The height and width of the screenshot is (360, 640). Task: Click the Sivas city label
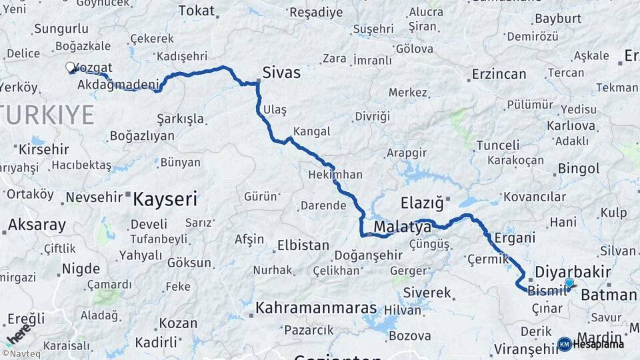click(281, 72)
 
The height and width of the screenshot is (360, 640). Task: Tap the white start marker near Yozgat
click(70, 67)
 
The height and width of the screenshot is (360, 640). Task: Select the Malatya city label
click(402, 227)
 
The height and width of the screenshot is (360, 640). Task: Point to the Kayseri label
click(165, 198)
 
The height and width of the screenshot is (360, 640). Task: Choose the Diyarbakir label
click(564, 272)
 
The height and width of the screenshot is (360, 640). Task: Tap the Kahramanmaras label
click(317, 309)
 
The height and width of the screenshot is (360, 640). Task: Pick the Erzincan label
click(499, 74)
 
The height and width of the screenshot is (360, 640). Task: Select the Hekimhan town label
click(335, 175)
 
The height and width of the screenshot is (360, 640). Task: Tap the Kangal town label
click(311, 131)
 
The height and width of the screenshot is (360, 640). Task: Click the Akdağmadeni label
click(119, 85)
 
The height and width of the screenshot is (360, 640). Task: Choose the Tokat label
click(197, 11)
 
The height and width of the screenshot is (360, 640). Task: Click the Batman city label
click(609, 295)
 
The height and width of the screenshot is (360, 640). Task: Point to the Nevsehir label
click(95, 197)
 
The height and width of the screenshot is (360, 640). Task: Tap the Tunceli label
click(498, 145)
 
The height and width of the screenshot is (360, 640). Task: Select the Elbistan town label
click(303, 245)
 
